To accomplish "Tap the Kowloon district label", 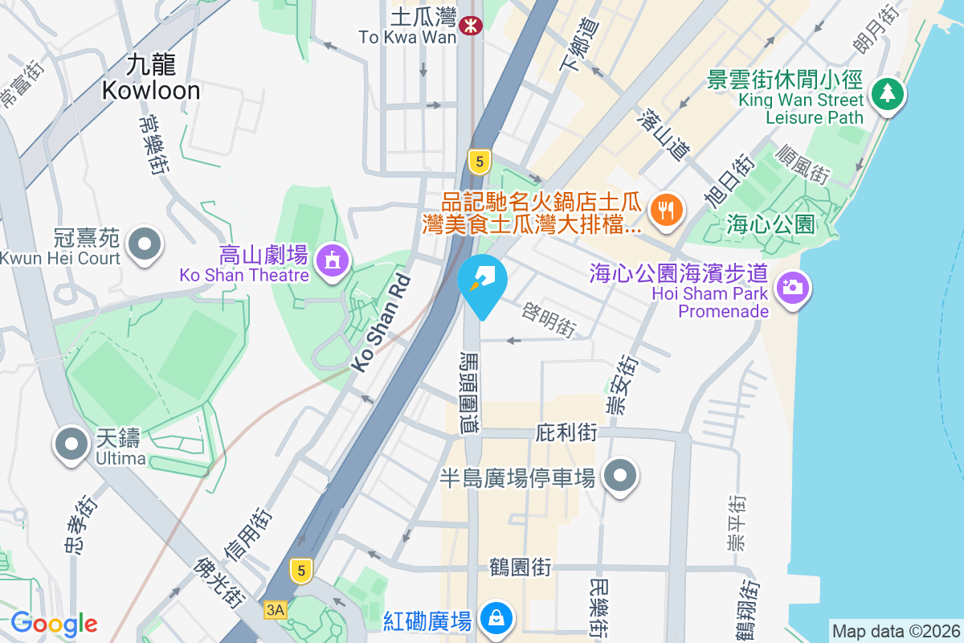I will click(x=151, y=78).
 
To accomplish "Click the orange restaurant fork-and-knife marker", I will click(x=666, y=210).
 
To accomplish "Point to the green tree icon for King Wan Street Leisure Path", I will click(x=887, y=94).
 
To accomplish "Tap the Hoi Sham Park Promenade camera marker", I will click(x=792, y=287).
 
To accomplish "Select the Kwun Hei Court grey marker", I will click(x=145, y=243).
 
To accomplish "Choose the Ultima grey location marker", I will click(x=71, y=444).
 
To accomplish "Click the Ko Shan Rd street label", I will click(x=382, y=323).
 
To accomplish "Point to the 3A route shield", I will click(x=275, y=610).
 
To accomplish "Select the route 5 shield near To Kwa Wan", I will click(x=480, y=162).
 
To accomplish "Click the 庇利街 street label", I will click(x=566, y=432).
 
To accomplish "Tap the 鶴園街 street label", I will click(x=521, y=567).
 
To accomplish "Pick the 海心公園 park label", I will click(x=770, y=223).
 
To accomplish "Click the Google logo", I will click(x=54, y=624).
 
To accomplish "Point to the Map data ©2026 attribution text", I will click(x=895, y=631).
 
